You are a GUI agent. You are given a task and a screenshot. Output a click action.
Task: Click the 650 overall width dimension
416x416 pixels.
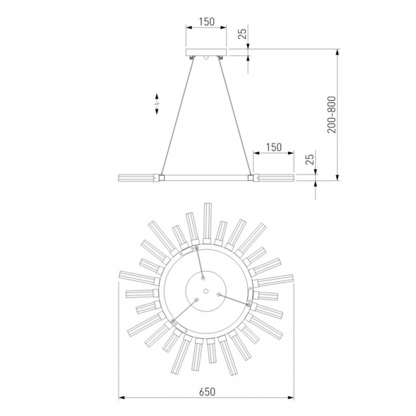[207, 391]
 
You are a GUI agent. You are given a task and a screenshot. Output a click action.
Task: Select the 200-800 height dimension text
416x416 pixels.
[331, 114]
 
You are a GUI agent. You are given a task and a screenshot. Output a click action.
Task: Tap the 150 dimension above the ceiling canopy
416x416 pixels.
[206, 22]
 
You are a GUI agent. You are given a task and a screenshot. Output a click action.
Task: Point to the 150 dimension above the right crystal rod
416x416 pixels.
[273, 147]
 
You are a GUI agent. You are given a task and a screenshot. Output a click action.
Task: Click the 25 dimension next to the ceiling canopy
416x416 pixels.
[242, 33]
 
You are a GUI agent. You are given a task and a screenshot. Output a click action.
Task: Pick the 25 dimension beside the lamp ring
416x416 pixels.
[309, 159]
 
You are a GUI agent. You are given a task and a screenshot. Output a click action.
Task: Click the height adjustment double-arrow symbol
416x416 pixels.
[157, 104]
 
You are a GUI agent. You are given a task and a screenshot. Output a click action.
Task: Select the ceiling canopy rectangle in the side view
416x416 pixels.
[206, 52]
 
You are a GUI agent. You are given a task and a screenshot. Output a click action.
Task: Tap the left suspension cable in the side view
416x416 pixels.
[177, 116]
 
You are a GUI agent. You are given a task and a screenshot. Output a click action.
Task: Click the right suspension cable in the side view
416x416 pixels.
[234, 116]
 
